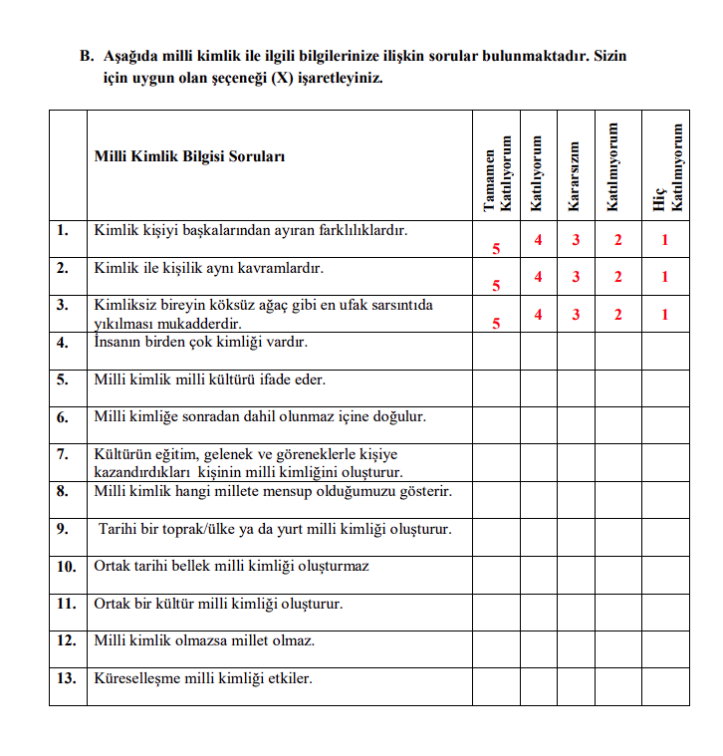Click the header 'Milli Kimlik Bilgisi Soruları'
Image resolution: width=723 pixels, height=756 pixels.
pyautogui.click(x=189, y=156)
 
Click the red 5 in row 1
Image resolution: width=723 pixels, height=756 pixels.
pyautogui.click(x=496, y=248)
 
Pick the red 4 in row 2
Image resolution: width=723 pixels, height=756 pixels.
pyautogui.click(x=538, y=277)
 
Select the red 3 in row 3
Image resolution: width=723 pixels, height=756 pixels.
pyautogui.click(x=576, y=315)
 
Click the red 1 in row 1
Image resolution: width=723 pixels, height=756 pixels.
pyautogui.click(x=665, y=240)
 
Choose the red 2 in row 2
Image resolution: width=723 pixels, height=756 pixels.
pyautogui.click(x=617, y=277)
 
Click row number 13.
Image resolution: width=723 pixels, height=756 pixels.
pyautogui.click(x=67, y=679)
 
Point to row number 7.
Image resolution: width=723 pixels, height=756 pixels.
pyautogui.click(x=63, y=454)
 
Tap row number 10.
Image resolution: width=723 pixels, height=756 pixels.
pyautogui.click(x=67, y=567)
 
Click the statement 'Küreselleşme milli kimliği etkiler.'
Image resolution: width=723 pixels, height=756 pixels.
pyautogui.click(x=203, y=679)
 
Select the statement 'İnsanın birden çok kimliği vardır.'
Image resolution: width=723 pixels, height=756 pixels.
pyautogui.click(x=200, y=343)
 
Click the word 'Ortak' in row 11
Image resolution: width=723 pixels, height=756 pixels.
pyautogui.click(x=113, y=604)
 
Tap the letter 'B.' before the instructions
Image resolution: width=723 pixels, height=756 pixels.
pyautogui.click(x=88, y=57)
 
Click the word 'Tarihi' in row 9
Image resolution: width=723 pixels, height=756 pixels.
pyautogui.click(x=120, y=529)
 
